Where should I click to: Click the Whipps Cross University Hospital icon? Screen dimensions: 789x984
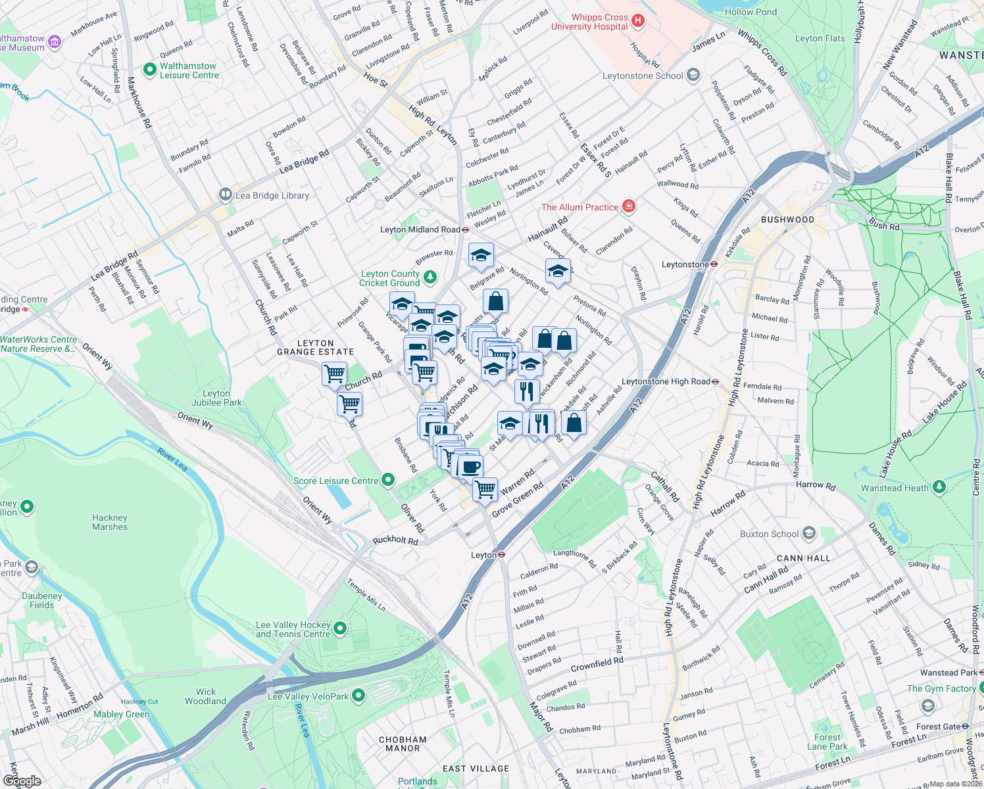pyautogui.click(x=637, y=21)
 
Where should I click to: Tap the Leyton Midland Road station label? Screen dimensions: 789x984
pyautogui.click(x=420, y=229)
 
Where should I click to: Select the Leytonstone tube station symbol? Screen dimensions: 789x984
pyautogui.click(x=714, y=264)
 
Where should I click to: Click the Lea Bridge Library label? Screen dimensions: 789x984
pyautogui.click(x=272, y=195)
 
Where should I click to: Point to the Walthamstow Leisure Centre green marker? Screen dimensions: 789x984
pyautogui.click(x=150, y=68)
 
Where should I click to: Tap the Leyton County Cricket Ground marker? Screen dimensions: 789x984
pyautogui.click(x=430, y=277)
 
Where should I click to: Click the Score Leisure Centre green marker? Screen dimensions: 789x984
pyautogui.click(x=388, y=480)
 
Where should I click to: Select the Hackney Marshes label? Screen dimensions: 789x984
pyautogui.click(x=110, y=522)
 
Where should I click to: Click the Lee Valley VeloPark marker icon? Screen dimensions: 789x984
pyautogui.click(x=358, y=695)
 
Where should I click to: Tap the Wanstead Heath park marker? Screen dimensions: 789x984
pyautogui.click(x=939, y=487)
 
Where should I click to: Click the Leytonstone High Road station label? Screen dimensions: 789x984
pyautogui.click(x=666, y=381)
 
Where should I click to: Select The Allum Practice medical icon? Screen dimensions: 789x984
pyautogui.click(x=629, y=206)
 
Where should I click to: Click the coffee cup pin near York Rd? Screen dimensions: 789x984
pyautogui.click(x=471, y=467)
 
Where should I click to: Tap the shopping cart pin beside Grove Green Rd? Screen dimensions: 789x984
pyautogui.click(x=485, y=489)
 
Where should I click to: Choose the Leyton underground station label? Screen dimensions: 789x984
pyautogui.click(x=483, y=555)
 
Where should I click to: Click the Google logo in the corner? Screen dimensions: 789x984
pyautogui.click(x=22, y=781)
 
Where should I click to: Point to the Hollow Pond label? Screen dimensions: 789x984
pyautogui.click(x=750, y=12)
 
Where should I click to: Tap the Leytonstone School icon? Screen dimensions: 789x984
pyautogui.click(x=693, y=75)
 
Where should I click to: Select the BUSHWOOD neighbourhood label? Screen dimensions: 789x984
pyautogui.click(x=787, y=220)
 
